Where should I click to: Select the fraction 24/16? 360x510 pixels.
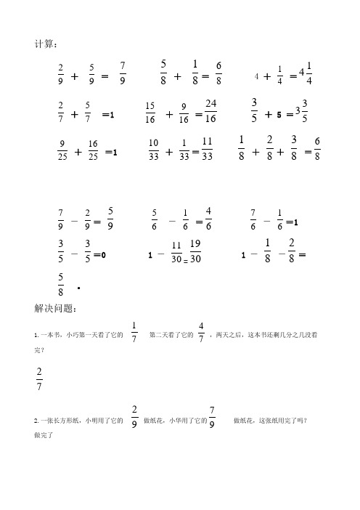[x=211, y=110]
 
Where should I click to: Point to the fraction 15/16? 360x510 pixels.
[x=150, y=113]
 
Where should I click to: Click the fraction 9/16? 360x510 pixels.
[x=184, y=113]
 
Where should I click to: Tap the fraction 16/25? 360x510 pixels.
[x=93, y=151]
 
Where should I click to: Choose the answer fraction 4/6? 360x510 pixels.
[x=208, y=218]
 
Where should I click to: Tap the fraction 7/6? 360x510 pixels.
[x=253, y=218]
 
